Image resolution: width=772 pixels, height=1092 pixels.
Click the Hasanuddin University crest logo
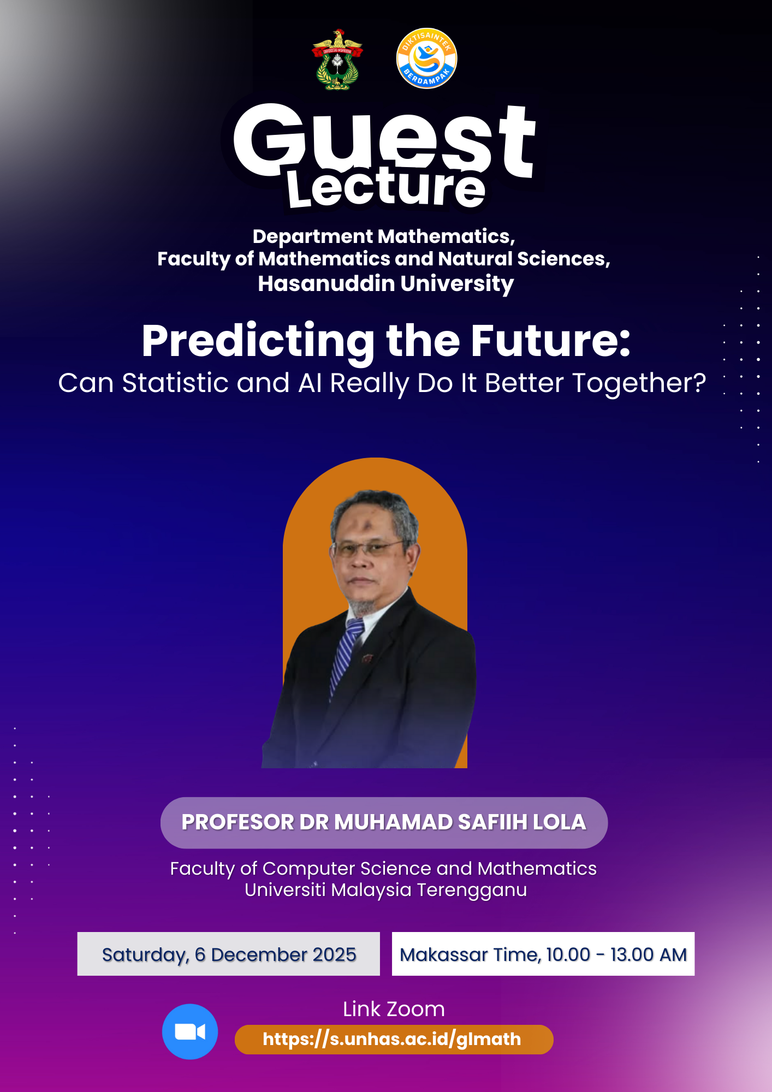tap(337, 60)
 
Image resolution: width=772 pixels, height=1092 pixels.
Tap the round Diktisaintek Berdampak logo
tap(426, 58)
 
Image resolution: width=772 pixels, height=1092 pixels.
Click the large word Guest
tap(384, 139)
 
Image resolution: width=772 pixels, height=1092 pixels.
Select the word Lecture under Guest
tap(386, 188)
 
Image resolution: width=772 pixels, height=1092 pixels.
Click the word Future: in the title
tap(550, 341)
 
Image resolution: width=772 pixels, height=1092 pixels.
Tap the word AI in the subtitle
tap(310, 383)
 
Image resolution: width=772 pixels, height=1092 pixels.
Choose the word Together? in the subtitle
tap(639, 384)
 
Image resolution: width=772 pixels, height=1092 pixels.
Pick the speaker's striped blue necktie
tap(345, 655)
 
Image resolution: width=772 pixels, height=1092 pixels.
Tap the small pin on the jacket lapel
tap(367, 658)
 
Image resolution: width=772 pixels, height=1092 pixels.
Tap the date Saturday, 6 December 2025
tap(229, 954)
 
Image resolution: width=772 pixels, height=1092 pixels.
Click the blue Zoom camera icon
tap(190, 1031)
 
